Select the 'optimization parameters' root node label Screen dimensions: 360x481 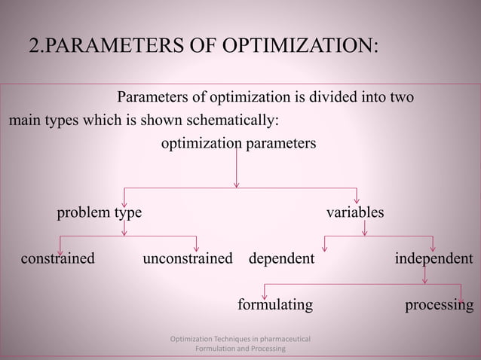pos(239,143)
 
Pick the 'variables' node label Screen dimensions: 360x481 pos(354,213)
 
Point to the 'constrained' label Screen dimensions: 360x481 pos(58,259)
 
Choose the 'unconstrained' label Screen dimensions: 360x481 pos(188,259)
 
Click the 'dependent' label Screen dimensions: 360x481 pos(281,259)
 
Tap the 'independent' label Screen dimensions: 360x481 pos(434,259)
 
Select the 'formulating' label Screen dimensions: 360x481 pos(275,305)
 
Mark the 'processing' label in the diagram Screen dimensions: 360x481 pos(440,305)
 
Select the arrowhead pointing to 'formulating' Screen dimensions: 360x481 pos(265,294)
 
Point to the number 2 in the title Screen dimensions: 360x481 pos(33,46)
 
